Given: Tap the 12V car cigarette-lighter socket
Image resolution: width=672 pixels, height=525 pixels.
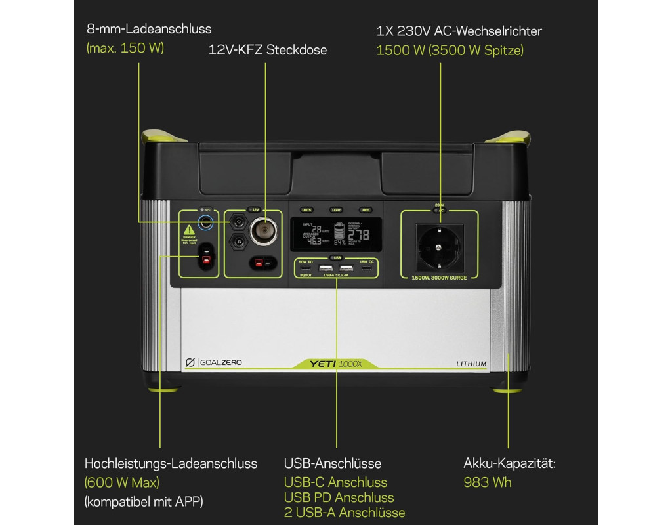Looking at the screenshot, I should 266,233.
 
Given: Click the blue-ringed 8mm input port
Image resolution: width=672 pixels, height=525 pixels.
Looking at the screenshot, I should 206,222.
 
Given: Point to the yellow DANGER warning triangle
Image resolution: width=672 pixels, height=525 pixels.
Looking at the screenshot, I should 188,231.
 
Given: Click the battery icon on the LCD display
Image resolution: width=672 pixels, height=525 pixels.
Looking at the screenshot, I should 339,233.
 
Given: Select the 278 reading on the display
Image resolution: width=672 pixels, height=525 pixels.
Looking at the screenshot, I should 368,234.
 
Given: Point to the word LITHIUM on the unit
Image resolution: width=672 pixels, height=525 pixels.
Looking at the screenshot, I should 471,364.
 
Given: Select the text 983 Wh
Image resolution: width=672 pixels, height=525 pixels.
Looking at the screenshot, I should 488,483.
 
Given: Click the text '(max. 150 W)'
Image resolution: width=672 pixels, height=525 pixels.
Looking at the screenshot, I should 125,48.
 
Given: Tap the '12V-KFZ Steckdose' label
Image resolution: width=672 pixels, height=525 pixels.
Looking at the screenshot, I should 268,50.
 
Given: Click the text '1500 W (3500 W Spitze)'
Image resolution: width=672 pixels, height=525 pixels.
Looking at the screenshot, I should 450,50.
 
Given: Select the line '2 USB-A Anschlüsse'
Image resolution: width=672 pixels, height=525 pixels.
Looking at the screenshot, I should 345,513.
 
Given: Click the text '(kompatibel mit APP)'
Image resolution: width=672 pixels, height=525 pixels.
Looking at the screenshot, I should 144,502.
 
